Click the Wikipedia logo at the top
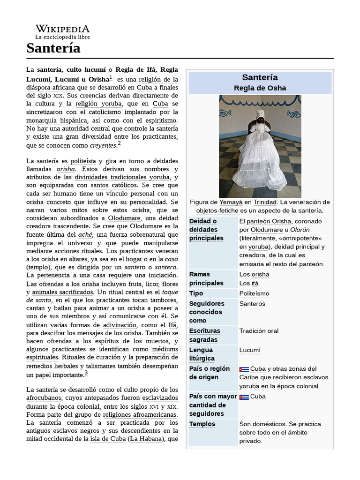pos(62,31)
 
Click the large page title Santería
pos(53,48)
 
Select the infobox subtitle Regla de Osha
pos(260,88)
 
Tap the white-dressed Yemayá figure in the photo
pos(260,155)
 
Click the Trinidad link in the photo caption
pos(265,202)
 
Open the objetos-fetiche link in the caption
pos(217,211)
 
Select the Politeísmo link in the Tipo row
pos(254,293)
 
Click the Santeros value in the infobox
pos(252,304)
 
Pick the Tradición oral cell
pos(259,331)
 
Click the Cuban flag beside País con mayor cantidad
pos(244,397)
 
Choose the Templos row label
pos(202,424)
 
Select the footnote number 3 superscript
pos(86,373)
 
